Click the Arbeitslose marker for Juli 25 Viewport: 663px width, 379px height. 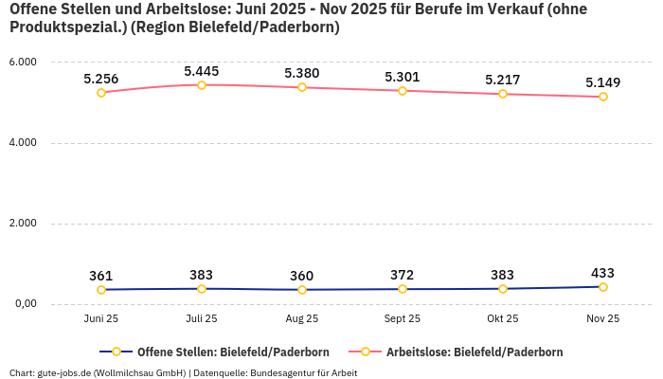point(202,85)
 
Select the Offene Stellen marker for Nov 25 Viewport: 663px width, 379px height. point(603,287)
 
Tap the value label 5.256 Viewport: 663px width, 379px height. point(101,79)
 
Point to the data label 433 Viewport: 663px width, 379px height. point(603,273)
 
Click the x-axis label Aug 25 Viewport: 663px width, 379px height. point(302,319)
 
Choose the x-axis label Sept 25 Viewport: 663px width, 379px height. point(403,319)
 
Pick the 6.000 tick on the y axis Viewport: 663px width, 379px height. point(22,63)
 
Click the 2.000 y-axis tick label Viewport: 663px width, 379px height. point(22,224)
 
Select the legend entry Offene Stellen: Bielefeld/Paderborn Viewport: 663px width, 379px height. point(218,352)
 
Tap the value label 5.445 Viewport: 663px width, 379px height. point(202,71)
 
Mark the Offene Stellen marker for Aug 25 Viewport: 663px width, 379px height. point(302,290)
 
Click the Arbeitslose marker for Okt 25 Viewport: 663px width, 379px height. point(503,94)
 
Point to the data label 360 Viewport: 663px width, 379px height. point(302,276)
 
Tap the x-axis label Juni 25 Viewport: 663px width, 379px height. point(101,319)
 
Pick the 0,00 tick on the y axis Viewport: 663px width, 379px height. point(24,304)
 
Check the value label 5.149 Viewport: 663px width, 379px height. point(603,82)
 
